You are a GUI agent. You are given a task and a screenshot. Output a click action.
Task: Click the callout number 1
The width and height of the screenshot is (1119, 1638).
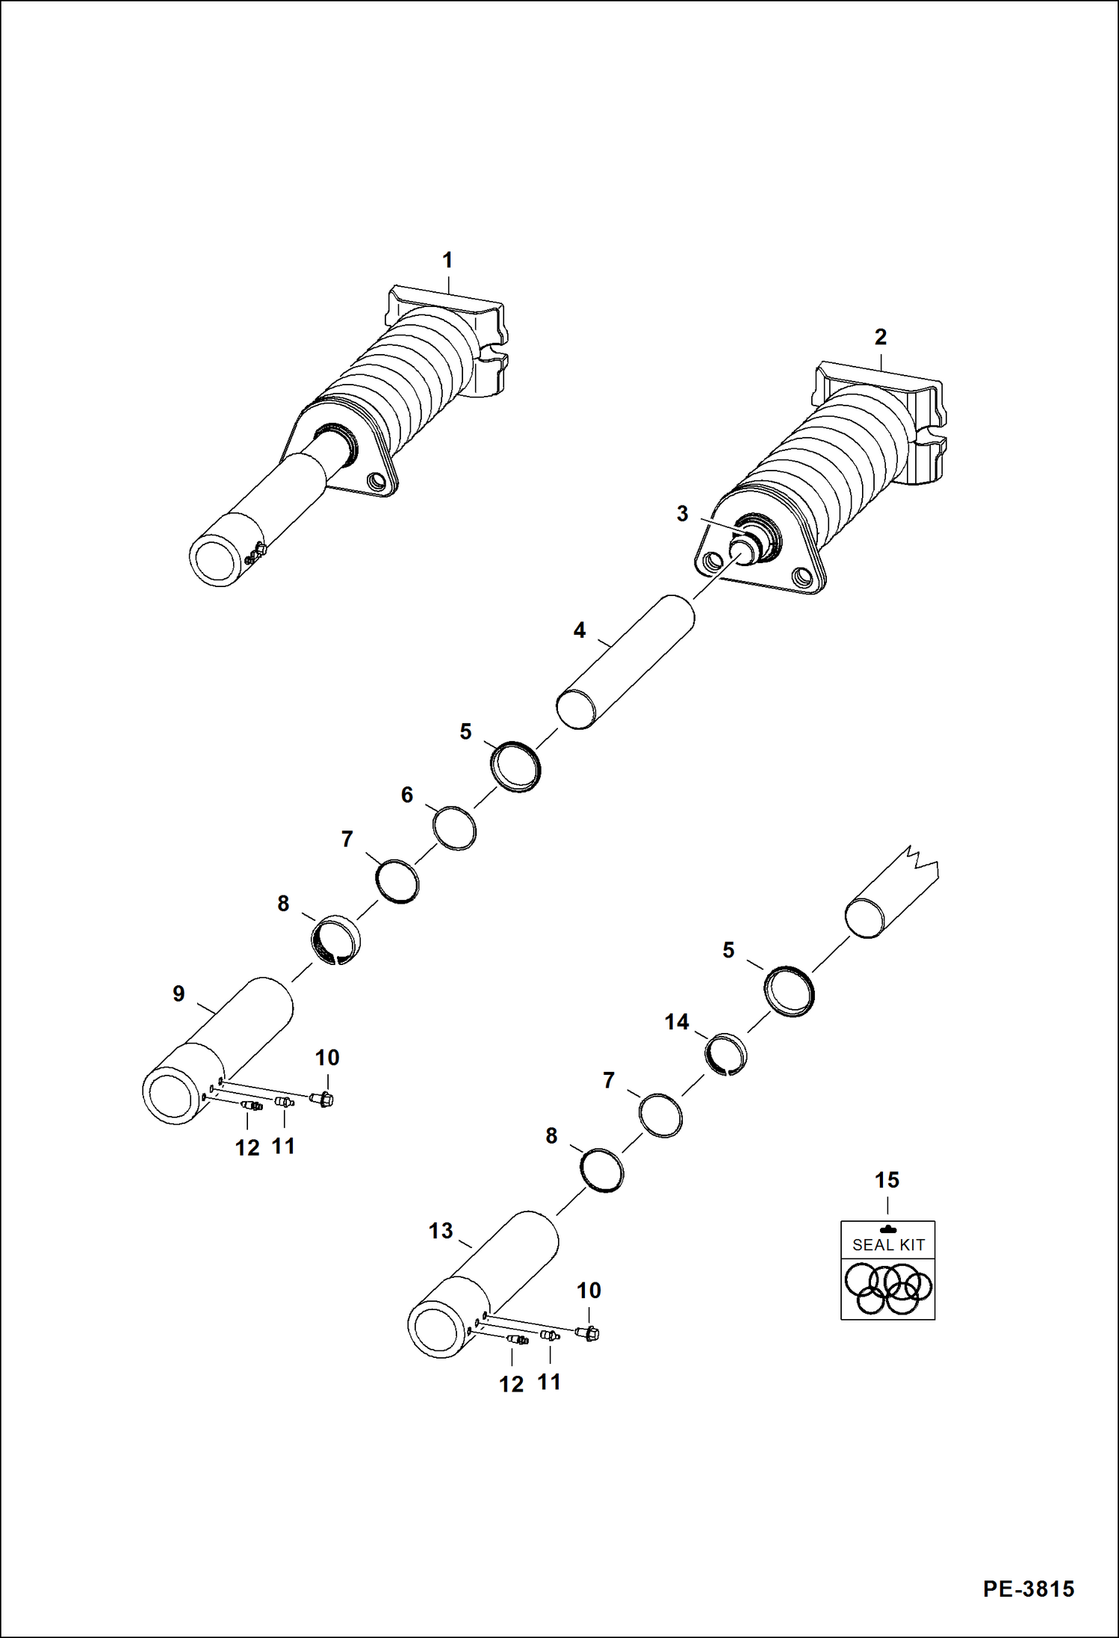(x=447, y=260)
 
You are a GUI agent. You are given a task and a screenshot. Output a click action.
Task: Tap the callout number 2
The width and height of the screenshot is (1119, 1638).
(x=880, y=337)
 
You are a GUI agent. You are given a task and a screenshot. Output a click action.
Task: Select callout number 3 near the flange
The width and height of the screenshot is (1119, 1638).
(x=681, y=514)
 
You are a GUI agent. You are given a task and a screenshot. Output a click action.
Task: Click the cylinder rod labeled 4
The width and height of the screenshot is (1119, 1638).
(x=627, y=663)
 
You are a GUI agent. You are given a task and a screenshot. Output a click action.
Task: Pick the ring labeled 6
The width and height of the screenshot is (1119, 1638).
(x=454, y=828)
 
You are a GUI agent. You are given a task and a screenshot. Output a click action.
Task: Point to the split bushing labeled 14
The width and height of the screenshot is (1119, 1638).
(x=726, y=1052)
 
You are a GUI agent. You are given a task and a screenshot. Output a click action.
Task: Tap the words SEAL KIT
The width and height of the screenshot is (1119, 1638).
(x=888, y=1245)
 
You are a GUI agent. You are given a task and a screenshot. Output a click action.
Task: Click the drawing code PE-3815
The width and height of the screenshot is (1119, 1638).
(x=1028, y=1588)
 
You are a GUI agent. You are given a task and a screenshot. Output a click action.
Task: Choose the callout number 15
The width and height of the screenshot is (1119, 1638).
(x=887, y=1180)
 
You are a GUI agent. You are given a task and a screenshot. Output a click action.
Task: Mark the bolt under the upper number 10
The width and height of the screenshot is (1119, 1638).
(x=322, y=1099)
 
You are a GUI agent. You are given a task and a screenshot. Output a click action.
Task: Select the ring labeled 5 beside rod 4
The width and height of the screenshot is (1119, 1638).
(x=516, y=766)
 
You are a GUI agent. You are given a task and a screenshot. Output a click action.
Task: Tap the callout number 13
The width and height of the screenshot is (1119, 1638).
(x=441, y=1231)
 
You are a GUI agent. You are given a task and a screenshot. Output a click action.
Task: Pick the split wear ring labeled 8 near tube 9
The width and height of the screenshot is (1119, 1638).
(x=335, y=939)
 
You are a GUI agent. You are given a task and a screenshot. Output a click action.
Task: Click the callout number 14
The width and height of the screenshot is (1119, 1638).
(x=676, y=1022)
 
